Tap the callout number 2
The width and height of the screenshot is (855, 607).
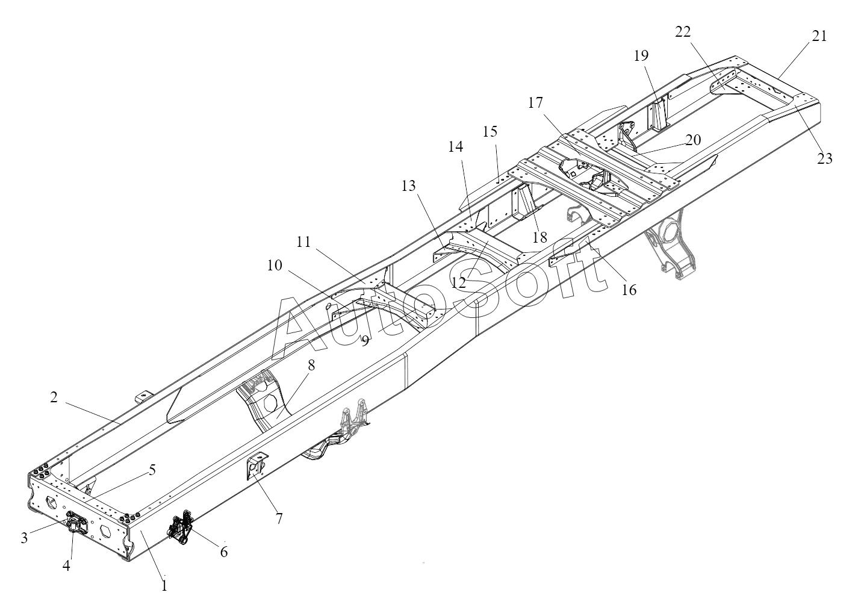coord(54,397)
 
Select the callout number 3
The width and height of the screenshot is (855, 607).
coord(24,538)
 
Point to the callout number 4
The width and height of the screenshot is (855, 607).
coord(67,566)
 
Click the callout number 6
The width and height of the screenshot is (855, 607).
coord(224,551)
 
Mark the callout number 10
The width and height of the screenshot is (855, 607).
coord(275,265)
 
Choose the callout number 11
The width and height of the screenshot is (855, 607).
coord(303,242)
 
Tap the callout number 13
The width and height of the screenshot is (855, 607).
coord(408,186)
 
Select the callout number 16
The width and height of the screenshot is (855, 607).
coord(629,290)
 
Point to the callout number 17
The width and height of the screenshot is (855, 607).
coord(536,103)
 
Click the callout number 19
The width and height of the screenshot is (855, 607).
coord(641,56)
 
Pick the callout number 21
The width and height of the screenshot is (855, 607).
coord(819,36)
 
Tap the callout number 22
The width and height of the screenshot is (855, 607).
coord(683,32)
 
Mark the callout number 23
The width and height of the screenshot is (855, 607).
coord(824,158)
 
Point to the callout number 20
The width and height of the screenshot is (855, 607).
coord(692,140)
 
